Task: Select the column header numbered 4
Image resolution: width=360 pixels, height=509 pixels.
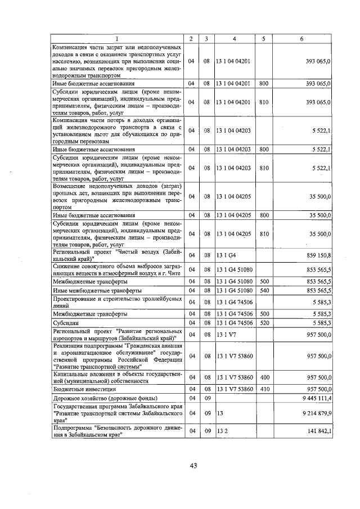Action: coord(235,38)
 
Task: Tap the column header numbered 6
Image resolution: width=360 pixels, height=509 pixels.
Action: coord(302,38)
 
